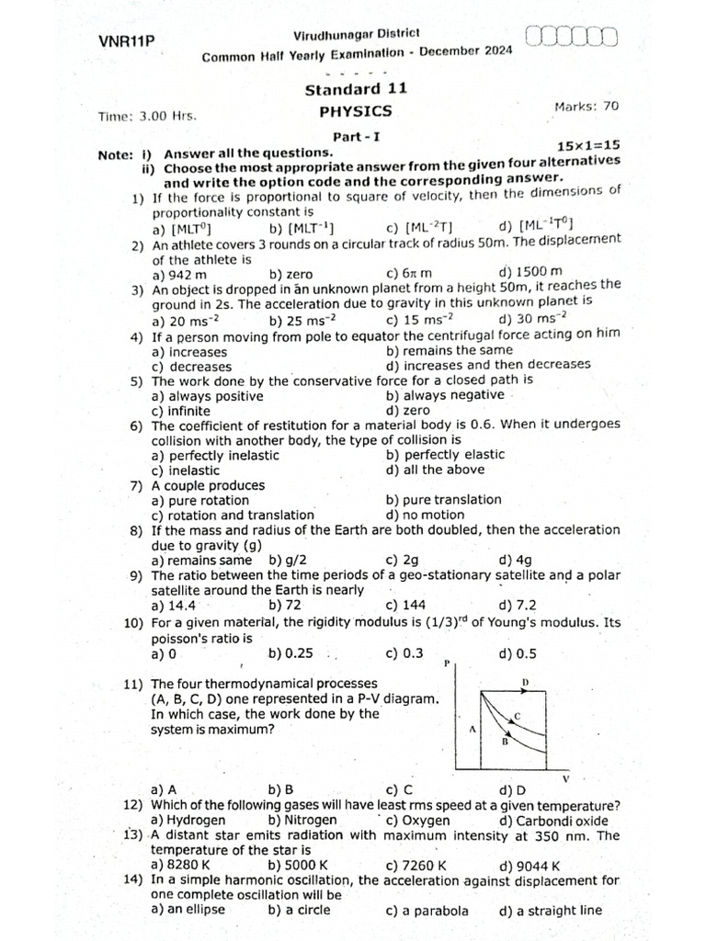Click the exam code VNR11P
(127, 41)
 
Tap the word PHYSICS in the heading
(355, 111)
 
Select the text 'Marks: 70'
(586, 107)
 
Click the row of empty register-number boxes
(573, 37)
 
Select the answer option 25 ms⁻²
(302, 320)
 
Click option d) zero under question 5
(408, 410)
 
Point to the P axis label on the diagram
(446, 663)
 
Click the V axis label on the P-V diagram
(565, 780)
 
